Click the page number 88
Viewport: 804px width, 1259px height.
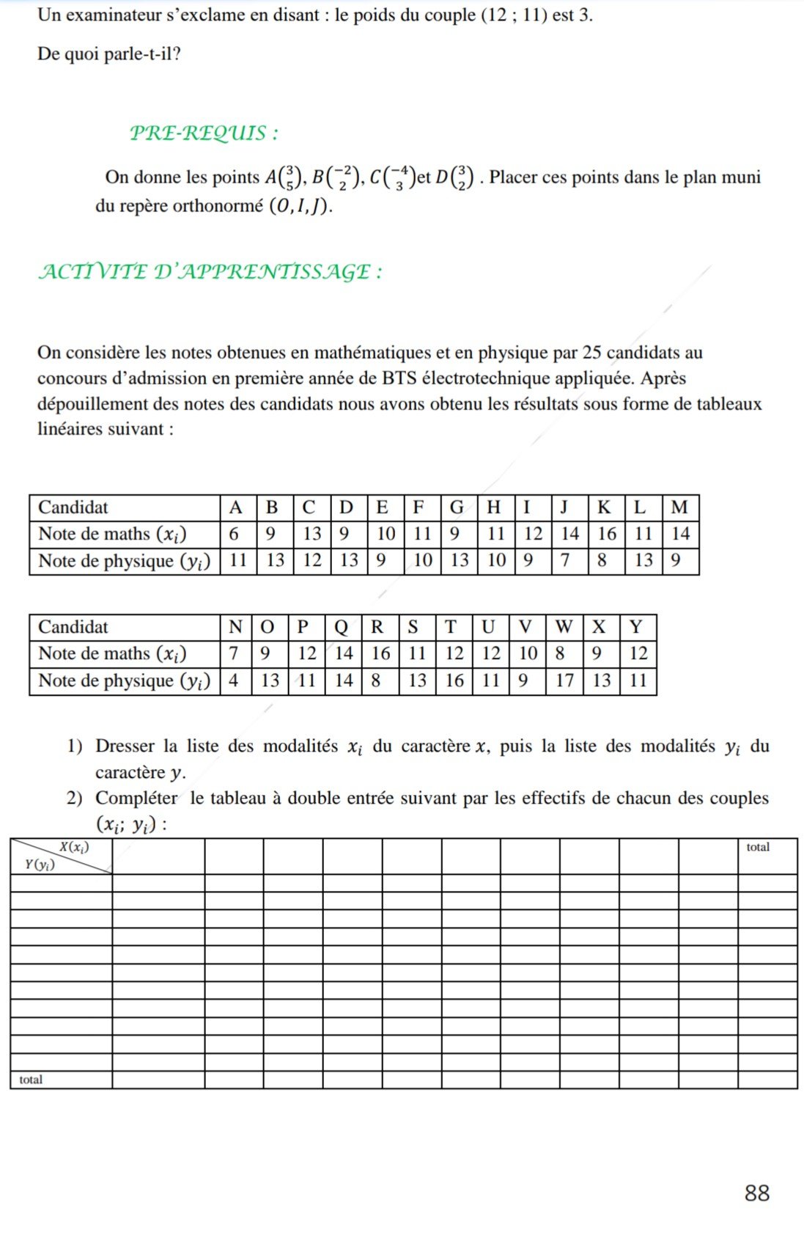[x=757, y=1193]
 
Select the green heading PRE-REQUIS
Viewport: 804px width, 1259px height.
[x=204, y=133]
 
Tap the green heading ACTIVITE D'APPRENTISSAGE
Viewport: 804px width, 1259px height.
[x=210, y=272]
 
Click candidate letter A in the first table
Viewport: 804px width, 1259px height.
[x=235, y=507]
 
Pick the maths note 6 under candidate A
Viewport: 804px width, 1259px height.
[x=234, y=534]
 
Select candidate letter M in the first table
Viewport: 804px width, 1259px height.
[x=679, y=507]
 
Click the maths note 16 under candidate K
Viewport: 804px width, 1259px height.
[x=606, y=534]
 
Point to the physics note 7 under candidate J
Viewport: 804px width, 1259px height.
[x=565, y=561]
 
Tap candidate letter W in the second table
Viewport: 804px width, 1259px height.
[x=564, y=627]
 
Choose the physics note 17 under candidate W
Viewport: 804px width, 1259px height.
[x=564, y=681]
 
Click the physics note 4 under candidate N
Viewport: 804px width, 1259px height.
[x=233, y=681]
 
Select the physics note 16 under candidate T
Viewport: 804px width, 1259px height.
[x=454, y=681]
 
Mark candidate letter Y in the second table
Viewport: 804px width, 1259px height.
[x=635, y=627]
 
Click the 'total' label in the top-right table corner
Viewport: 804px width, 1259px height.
[x=758, y=848]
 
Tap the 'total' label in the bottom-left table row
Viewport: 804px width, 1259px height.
[x=31, y=1080]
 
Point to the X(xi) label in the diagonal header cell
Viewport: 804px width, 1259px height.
[x=74, y=848]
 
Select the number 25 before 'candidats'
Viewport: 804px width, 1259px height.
[x=591, y=353]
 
